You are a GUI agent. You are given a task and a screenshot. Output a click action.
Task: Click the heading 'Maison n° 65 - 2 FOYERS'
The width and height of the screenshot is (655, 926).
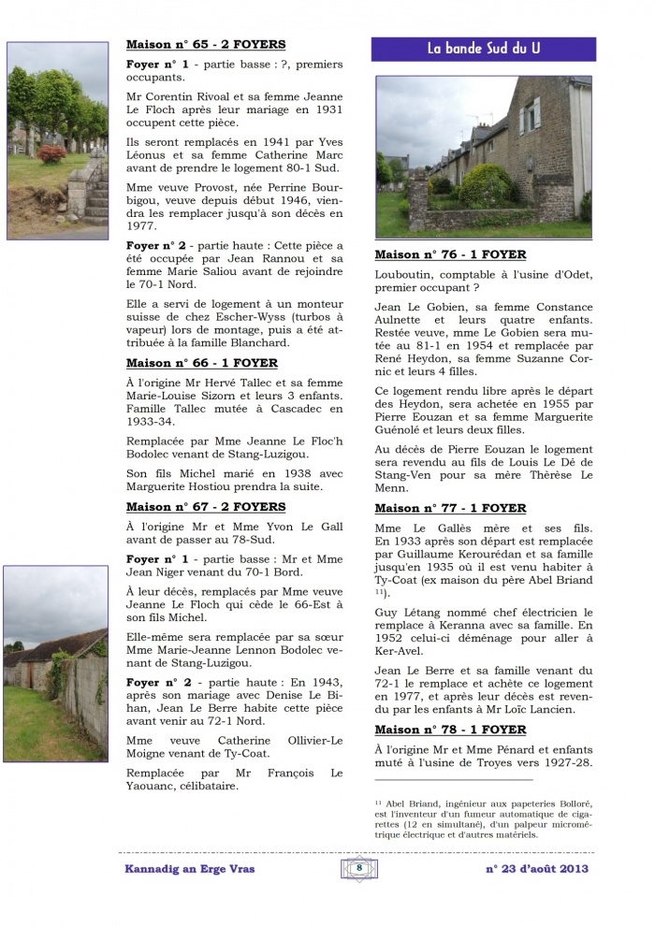coord(206,44)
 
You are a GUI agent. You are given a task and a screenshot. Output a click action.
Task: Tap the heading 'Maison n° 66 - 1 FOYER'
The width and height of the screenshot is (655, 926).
coord(201,363)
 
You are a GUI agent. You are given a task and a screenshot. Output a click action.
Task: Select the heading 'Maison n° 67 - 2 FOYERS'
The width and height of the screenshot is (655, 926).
coord(206,506)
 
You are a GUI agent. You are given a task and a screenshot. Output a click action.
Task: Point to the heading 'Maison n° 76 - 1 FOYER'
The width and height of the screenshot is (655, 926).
coord(450,254)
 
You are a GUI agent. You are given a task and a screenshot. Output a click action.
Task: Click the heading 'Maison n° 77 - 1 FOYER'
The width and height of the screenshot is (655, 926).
coord(450,508)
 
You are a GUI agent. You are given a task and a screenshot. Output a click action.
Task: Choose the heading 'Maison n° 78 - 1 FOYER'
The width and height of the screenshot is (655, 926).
coord(450,730)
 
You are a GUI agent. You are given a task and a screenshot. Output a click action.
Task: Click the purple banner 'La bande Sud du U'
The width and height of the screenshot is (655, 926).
coord(483,49)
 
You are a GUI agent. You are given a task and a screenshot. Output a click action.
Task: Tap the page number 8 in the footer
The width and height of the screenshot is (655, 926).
coord(359,868)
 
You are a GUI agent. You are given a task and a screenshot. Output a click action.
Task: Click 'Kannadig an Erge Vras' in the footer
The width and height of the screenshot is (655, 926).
coord(189,869)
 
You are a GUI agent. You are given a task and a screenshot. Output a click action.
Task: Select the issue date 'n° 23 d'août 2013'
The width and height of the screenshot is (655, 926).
coord(536,869)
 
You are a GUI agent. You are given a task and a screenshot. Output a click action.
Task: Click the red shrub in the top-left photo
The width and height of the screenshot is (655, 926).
coord(51,153)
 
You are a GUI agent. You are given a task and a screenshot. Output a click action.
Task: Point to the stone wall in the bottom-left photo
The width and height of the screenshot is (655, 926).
coord(89,692)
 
